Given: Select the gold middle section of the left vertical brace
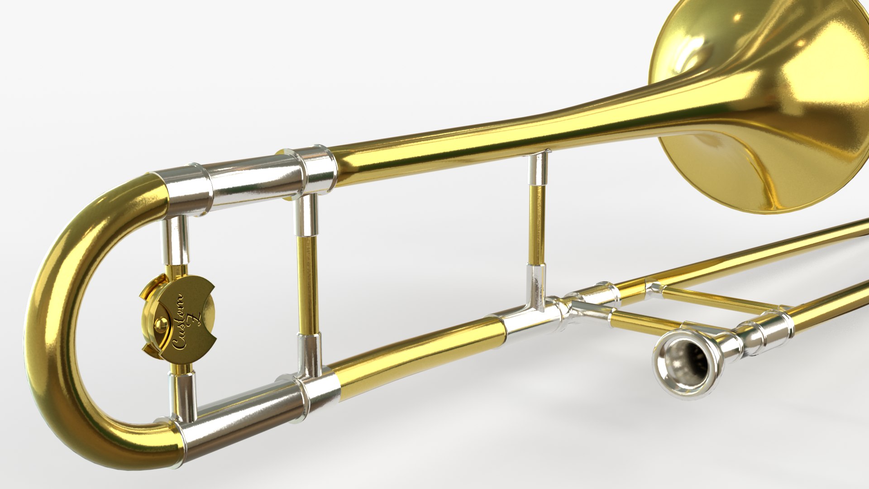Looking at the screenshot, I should pos(308,285).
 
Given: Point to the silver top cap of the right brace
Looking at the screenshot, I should pos(539,168).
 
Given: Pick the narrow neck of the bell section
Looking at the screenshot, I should pos(566,122).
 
